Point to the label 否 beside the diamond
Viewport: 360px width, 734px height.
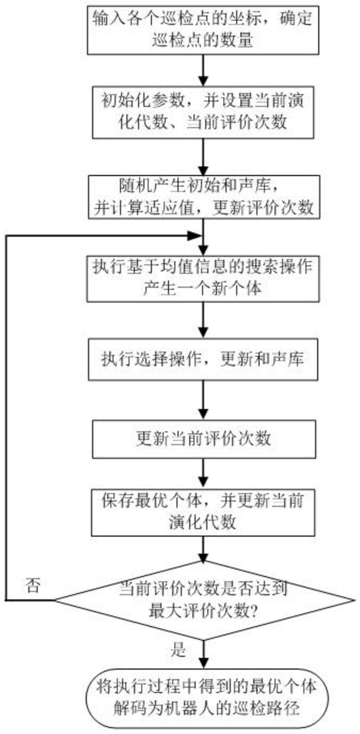(x=33, y=587)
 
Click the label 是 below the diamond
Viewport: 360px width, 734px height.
(x=180, y=650)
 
